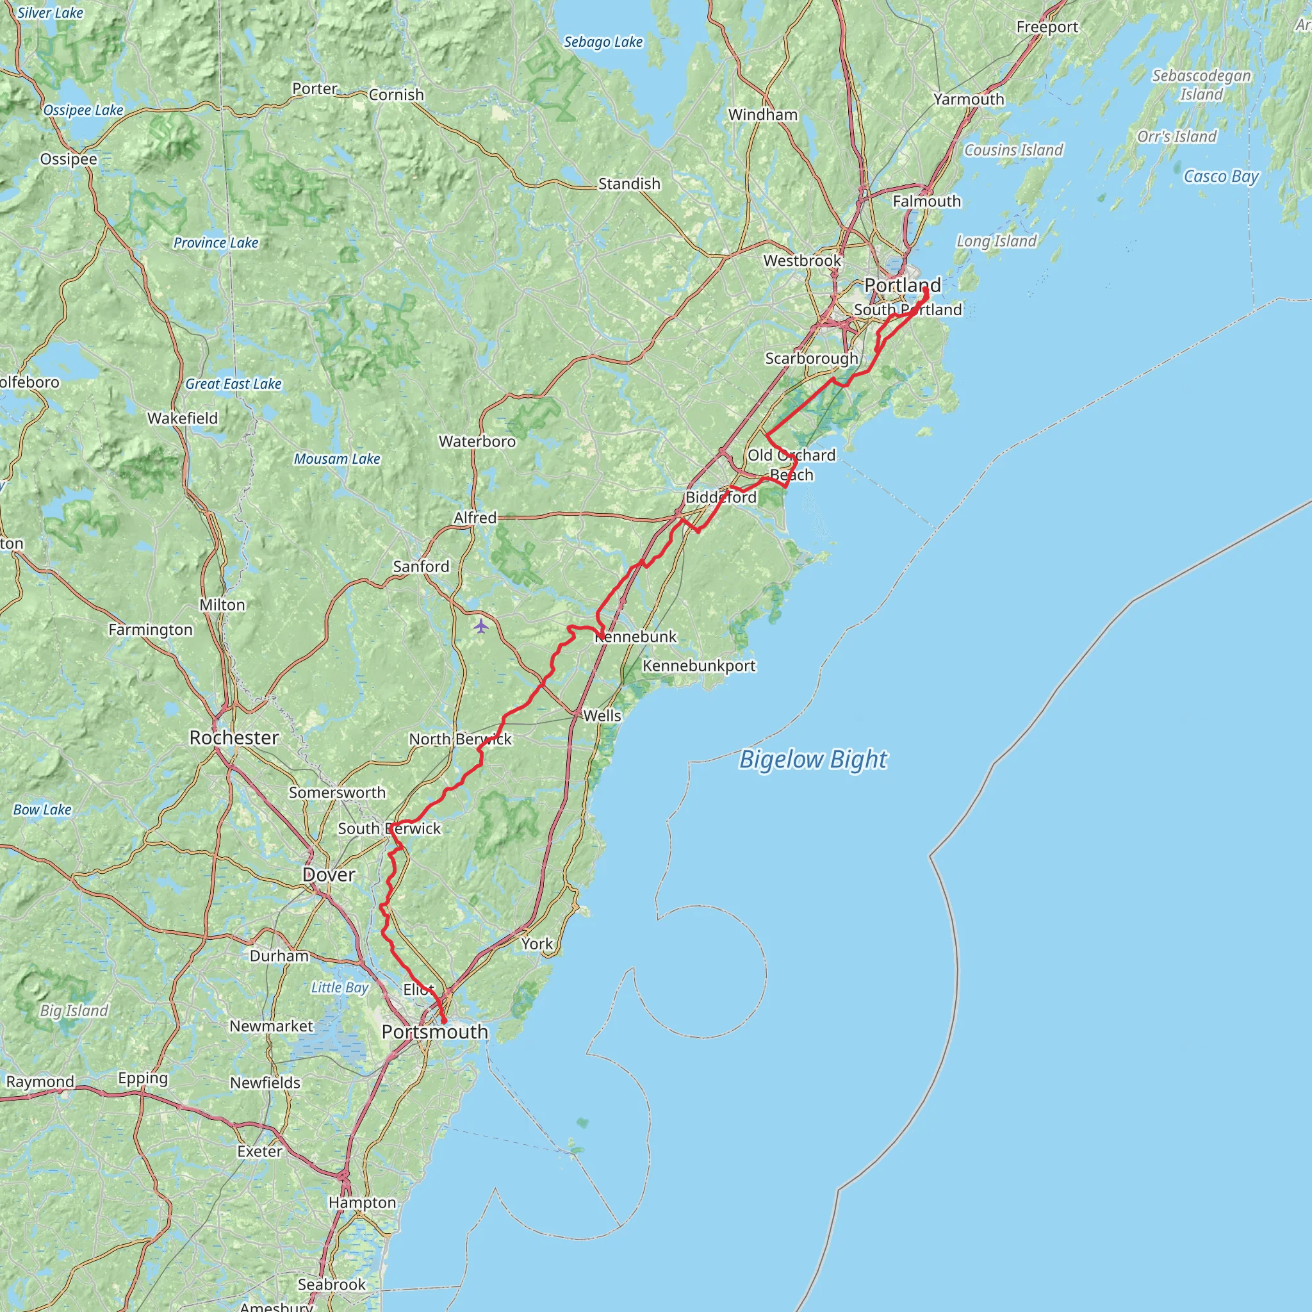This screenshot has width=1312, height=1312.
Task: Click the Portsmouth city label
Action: (434, 1031)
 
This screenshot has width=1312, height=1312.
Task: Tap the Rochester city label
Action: (234, 737)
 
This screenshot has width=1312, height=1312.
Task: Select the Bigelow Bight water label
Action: (813, 759)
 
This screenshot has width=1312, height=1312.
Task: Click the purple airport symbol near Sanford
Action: (481, 625)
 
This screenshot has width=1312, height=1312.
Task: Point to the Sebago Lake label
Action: (603, 42)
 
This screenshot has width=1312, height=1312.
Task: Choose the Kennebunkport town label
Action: (699, 666)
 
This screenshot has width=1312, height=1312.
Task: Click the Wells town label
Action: (602, 715)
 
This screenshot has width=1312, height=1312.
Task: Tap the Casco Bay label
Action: (1221, 177)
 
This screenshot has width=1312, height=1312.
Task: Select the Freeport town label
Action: (1047, 27)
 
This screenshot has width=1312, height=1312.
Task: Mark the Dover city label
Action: (329, 874)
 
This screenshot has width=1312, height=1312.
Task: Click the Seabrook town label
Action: (331, 1284)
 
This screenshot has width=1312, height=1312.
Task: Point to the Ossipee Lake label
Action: (83, 110)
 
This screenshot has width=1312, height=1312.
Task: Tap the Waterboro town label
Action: (477, 441)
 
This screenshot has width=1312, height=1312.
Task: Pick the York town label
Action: (536, 943)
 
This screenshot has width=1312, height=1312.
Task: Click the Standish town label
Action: (629, 183)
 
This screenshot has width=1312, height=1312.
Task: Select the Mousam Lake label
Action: (337, 459)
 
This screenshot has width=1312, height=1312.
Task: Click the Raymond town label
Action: (40, 1081)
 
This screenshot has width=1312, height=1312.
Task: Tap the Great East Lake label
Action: (233, 384)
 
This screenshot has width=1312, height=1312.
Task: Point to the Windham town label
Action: (762, 115)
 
